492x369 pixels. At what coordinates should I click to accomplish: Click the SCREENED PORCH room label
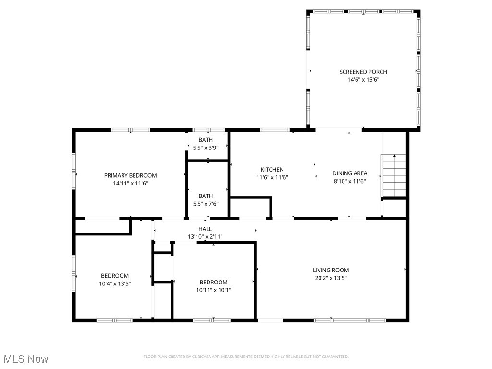pyautogui.click(x=363, y=72)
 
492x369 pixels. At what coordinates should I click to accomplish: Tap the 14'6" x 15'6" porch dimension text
pyautogui.click(x=363, y=80)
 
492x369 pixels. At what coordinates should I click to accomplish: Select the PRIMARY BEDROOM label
pyautogui.click(x=130, y=175)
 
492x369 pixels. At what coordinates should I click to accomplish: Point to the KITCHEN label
pyautogui.click(x=272, y=169)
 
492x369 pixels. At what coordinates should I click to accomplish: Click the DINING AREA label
pyautogui.click(x=350, y=173)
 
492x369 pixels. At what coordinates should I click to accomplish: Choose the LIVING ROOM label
pyautogui.click(x=331, y=270)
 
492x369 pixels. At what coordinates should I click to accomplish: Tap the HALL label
pyautogui.click(x=205, y=229)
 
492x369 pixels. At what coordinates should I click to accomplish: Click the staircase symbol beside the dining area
pyautogui.click(x=394, y=176)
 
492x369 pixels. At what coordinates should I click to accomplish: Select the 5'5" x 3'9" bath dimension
pyautogui.click(x=206, y=148)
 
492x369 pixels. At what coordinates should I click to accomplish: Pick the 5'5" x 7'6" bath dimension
pyautogui.click(x=206, y=204)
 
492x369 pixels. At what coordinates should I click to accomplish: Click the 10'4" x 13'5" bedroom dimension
pyautogui.click(x=114, y=283)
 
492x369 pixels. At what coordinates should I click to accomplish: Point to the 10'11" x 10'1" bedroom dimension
pyautogui.click(x=213, y=290)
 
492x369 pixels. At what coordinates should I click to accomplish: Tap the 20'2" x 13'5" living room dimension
pyautogui.click(x=331, y=278)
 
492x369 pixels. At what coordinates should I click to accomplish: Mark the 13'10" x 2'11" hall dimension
pyautogui.click(x=205, y=236)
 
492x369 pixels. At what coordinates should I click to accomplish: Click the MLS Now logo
pyautogui.click(x=26, y=359)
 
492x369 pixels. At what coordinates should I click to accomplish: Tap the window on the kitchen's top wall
pyautogui.click(x=274, y=130)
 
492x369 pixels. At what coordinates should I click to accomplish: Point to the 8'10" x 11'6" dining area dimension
pyautogui.click(x=350, y=181)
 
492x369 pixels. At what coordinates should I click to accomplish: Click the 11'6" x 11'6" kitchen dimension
pyautogui.click(x=272, y=177)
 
